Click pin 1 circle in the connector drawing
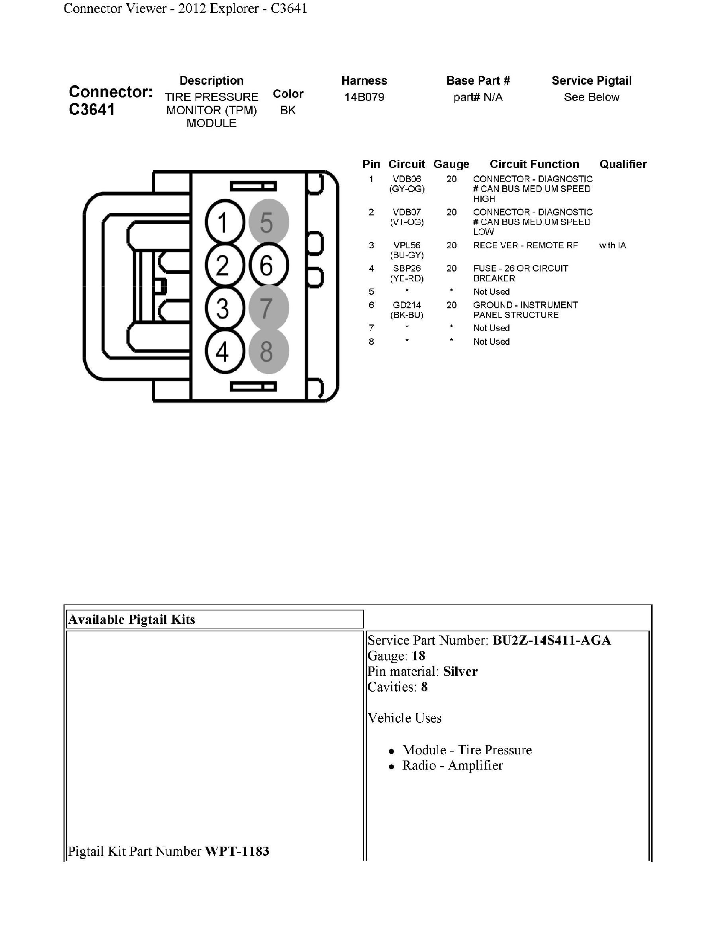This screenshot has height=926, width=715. pos(225,222)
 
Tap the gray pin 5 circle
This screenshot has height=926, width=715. pos(268,222)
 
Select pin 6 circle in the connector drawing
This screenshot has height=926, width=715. pos(268,265)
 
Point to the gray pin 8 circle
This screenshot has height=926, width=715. pos(268,351)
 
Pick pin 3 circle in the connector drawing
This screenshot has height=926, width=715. pos(225,308)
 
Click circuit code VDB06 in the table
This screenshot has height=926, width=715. pos(407,179)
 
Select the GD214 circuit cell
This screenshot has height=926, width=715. pos(407,305)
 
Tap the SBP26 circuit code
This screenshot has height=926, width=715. pos(407,268)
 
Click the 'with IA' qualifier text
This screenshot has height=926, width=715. pos(612,246)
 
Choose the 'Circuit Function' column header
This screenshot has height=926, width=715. pos(534,165)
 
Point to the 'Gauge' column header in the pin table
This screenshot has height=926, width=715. pos(451,165)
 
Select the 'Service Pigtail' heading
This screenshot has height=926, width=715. pos(591,81)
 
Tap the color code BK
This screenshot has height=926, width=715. pos(288,110)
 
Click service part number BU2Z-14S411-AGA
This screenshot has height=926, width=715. pos(552,640)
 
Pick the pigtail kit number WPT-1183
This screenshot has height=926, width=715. pos(237,851)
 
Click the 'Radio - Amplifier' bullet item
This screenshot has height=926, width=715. pos(452,765)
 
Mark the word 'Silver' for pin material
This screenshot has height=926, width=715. pos(460,672)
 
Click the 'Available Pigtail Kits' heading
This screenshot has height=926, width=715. pos(132,619)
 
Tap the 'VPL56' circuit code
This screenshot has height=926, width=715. pos(407,246)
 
